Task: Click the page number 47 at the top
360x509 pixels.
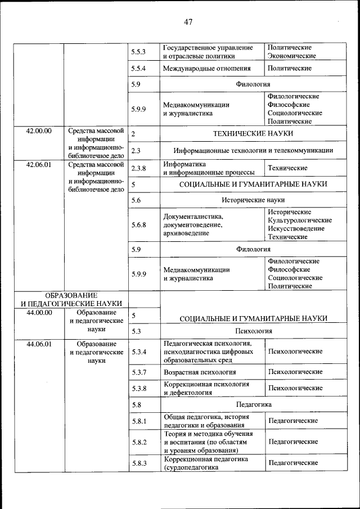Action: (x=188, y=22)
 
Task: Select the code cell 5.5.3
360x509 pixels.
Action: (x=138, y=52)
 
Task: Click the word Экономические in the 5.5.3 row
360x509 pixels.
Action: (x=291, y=56)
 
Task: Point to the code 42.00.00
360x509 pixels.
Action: (x=39, y=131)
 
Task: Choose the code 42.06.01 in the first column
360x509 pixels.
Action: (x=39, y=165)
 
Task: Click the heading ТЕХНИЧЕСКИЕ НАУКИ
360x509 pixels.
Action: (x=253, y=134)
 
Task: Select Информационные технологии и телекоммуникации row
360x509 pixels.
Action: (x=253, y=150)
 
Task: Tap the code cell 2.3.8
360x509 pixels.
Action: (x=138, y=168)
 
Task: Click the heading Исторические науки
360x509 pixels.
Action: (x=253, y=200)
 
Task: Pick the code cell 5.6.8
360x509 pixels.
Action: (x=138, y=224)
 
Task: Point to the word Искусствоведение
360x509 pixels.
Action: (x=296, y=228)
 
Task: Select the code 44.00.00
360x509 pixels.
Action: (x=39, y=312)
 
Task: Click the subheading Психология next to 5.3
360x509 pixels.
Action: (x=253, y=331)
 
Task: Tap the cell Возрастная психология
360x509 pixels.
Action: (x=200, y=372)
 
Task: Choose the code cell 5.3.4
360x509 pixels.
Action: (x=138, y=352)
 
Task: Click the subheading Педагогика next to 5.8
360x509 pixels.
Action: (x=253, y=404)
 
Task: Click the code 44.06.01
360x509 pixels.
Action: (x=39, y=344)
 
